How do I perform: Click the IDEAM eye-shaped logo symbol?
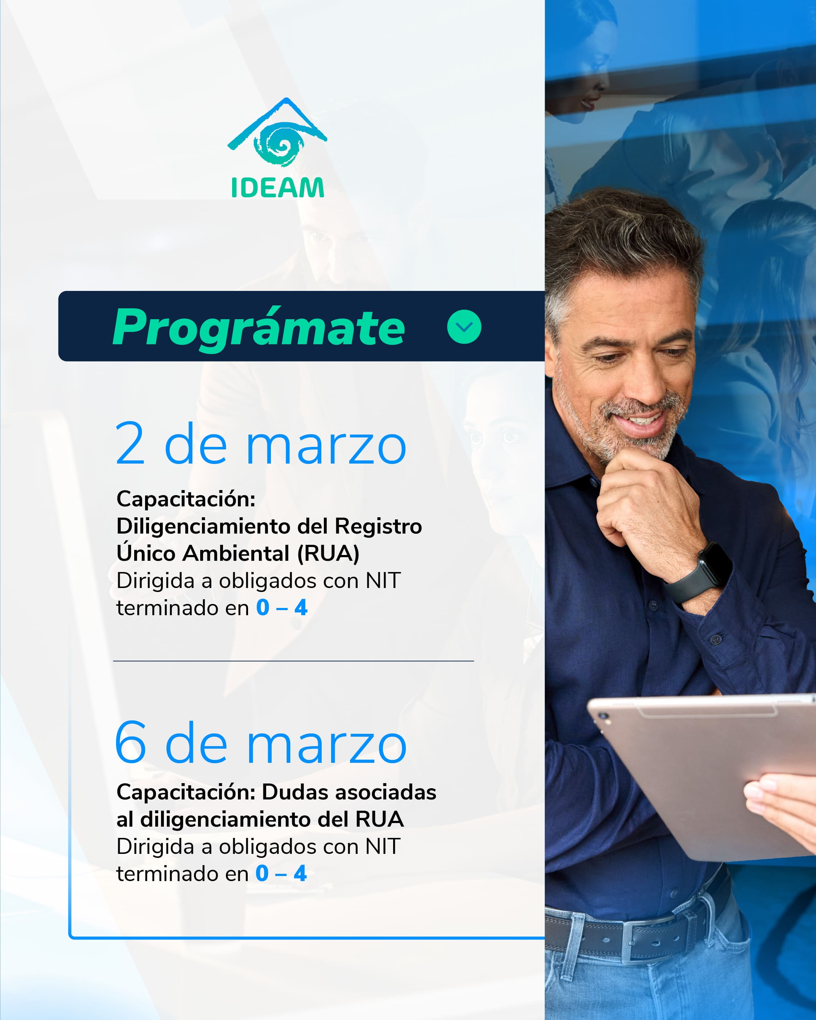(x=277, y=132)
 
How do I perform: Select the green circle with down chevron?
(x=464, y=327)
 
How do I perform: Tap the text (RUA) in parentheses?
(x=328, y=554)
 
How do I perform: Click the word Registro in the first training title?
(x=378, y=526)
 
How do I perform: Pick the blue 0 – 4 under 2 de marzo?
(x=282, y=608)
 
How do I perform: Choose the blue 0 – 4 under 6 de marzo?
(x=281, y=873)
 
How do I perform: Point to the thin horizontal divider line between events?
(x=293, y=661)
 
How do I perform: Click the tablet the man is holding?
(x=705, y=776)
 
